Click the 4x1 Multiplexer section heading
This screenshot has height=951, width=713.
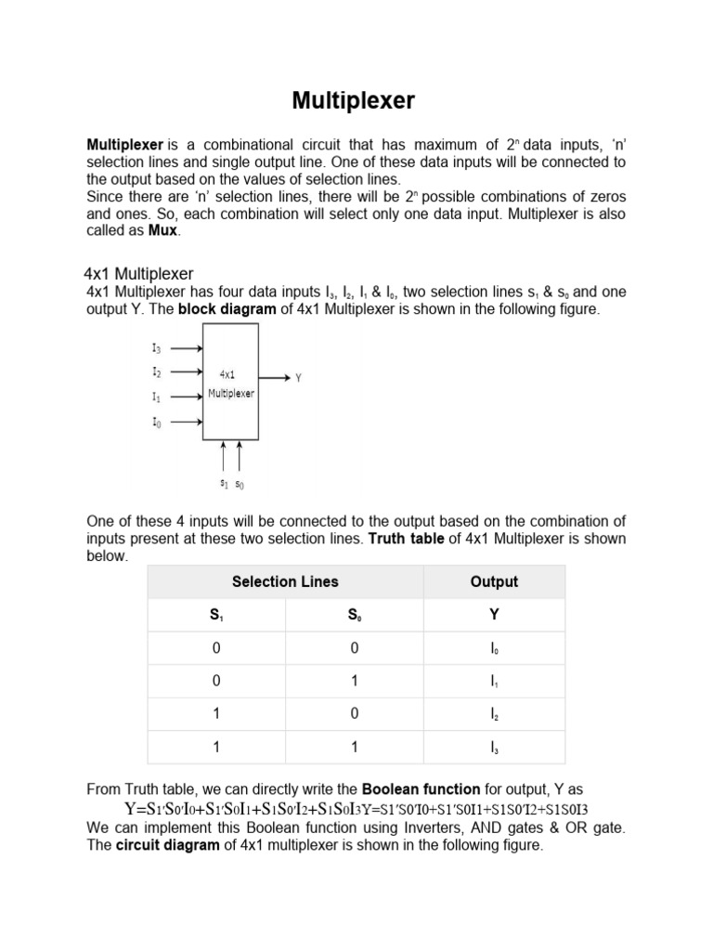click(x=139, y=274)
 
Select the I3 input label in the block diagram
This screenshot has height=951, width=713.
click(x=156, y=349)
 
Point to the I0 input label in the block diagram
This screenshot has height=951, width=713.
click(x=156, y=422)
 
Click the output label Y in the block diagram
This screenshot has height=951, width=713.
click(x=298, y=379)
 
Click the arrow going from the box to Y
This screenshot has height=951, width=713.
click(x=274, y=378)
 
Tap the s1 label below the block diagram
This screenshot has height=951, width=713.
click(x=224, y=484)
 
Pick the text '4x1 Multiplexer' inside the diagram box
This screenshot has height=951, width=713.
click(x=230, y=384)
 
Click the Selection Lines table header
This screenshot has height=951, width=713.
click(x=285, y=582)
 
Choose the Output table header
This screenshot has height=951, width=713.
click(x=494, y=582)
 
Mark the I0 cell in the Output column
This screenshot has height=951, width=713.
click(x=494, y=648)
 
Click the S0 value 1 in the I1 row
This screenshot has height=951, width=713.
click(x=355, y=681)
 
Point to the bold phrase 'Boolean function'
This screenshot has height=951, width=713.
click(x=421, y=789)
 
